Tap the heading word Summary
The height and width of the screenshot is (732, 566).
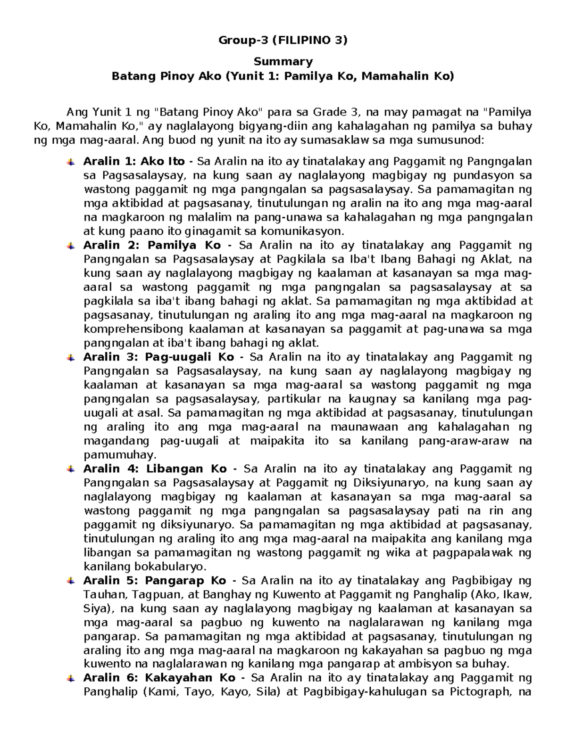pyautogui.click(x=283, y=62)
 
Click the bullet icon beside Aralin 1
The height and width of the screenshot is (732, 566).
pyautogui.click(x=70, y=162)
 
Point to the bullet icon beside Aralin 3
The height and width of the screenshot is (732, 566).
pyautogui.click(x=70, y=358)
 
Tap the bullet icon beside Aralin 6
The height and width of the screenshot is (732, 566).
pyautogui.click(x=70, y=679)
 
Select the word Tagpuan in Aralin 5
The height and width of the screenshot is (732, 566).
pyautogui.click(x=152, y=594)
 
